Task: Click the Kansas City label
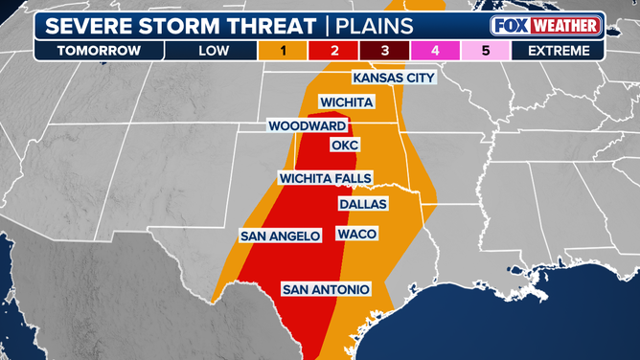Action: point(394,78)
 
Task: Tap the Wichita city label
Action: point(346,101)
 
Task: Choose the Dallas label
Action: point(363,204)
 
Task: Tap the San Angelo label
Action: point(280,235)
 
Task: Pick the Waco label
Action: point(356,235)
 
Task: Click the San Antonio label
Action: point(322,288)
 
